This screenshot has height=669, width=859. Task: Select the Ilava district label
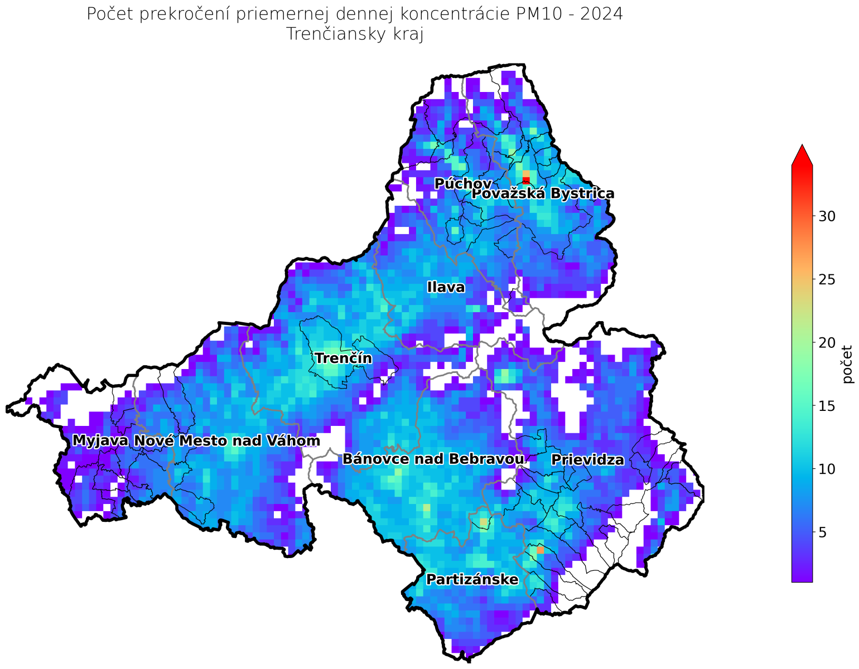446,288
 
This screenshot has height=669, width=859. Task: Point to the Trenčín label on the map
343,358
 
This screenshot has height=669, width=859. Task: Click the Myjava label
100,441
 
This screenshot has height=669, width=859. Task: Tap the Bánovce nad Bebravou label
433,459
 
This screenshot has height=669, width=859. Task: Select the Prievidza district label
587,460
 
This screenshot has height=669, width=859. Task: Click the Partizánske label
472,580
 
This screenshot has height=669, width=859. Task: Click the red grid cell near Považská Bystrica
526,180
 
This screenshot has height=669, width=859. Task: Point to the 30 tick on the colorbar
827,216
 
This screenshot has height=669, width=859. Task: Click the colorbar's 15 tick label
827,406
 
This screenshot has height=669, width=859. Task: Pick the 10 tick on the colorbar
827,469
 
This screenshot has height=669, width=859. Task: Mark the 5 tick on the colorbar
823,532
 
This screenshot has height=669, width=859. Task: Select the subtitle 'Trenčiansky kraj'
355,35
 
